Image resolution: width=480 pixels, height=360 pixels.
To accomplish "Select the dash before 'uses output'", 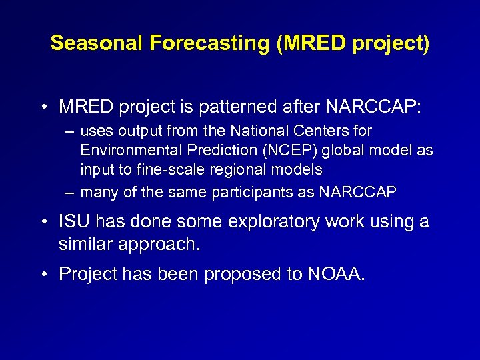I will point(69,131).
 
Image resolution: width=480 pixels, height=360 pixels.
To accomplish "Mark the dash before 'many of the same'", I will point(69,193).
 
